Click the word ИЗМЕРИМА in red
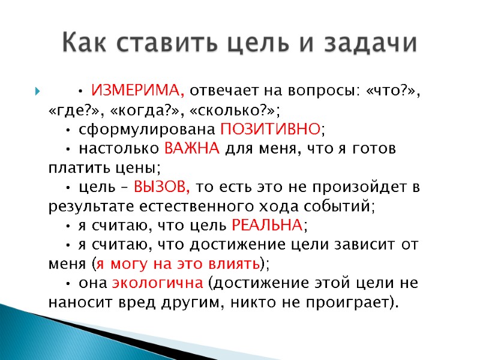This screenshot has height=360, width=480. [137, 91]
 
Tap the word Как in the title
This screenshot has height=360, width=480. [84, 43]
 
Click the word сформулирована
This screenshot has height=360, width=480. [147, 128]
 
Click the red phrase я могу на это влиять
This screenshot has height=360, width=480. [178, 263]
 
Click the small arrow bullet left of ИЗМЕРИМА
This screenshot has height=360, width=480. [38, 92]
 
